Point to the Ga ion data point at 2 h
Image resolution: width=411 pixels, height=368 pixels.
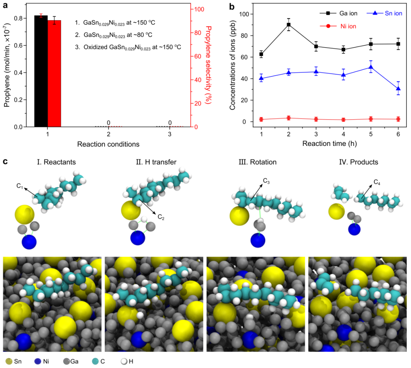coord(289,24)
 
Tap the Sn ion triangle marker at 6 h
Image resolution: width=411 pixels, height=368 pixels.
coord(398,88)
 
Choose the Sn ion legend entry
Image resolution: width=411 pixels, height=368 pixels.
coord(385,13)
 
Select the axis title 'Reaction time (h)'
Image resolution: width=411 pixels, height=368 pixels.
coord(330,144)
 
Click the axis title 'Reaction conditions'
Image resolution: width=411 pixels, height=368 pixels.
coord(108,144)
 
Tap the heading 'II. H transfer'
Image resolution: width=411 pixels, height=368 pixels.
coord(156,162)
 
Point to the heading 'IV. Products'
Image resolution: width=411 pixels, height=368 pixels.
coord(358,162)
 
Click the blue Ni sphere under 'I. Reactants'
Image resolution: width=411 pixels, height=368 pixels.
coord(29,242)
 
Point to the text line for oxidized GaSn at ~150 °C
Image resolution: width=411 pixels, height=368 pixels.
coord(127,47)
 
